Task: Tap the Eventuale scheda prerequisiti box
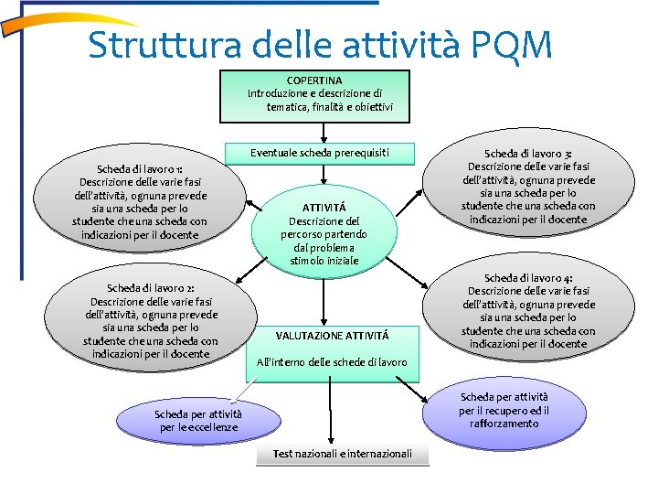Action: [320, 152]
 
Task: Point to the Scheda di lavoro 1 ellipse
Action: [139, 202]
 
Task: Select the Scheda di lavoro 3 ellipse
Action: [528, 187]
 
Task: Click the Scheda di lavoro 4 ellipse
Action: [528, 310]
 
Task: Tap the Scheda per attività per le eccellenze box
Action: [198, 421]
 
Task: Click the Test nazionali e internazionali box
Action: [343, 454]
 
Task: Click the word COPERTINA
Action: [314, 81]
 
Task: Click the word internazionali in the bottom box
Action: [375, 454]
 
